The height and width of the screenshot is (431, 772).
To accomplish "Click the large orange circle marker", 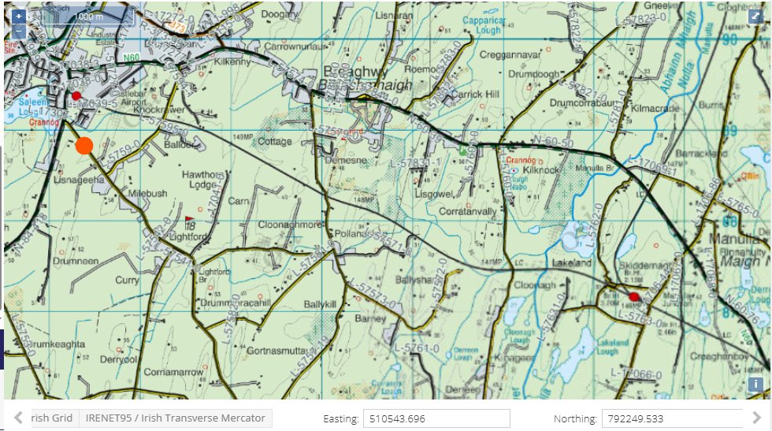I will (x=85, y=145).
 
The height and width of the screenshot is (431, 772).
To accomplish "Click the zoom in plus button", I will (x=19, y=15).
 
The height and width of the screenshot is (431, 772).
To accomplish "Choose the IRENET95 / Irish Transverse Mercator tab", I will (x=176, y=418).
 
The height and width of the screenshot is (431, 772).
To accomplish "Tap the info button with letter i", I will (x=756, y=385).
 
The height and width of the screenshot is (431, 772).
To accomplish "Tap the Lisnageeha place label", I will (x=78, y=180).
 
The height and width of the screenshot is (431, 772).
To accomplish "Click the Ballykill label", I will (x=320, y=303).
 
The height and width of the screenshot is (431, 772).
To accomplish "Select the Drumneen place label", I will (x=76, y=261).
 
